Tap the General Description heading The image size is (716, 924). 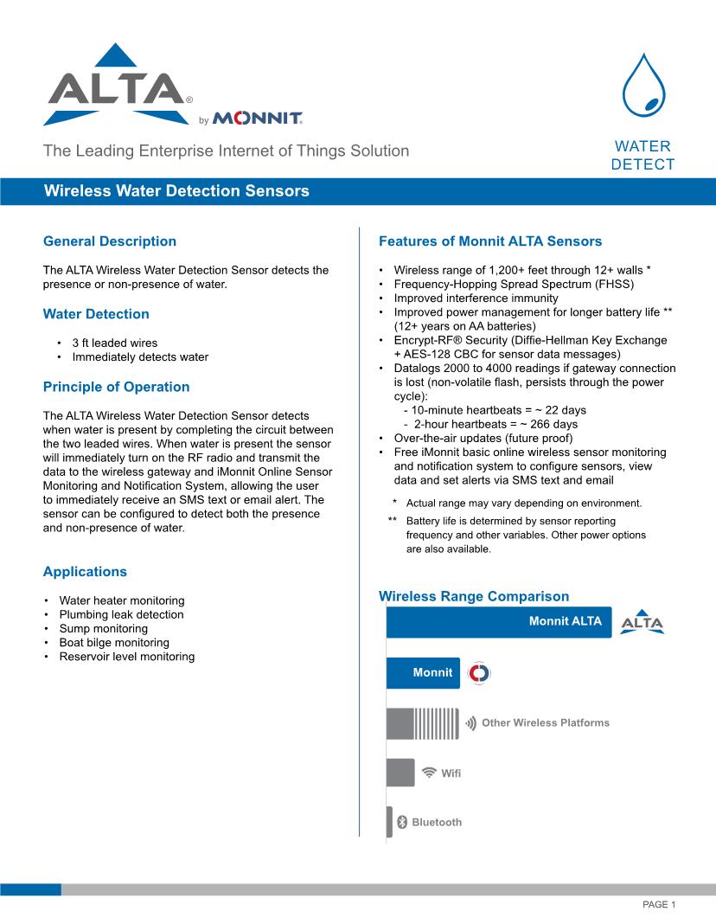click(110, 241)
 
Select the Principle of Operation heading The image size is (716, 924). click(116, 387)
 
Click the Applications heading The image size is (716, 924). click(85, 572)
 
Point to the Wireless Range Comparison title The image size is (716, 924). click(474, 596)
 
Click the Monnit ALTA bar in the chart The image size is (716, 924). click(498, 621)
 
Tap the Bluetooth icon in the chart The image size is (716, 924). click(401, 822)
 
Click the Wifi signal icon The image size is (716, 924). click(429, 773)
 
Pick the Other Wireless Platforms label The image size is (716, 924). click(545, 722)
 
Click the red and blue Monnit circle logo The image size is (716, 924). click(478, 673)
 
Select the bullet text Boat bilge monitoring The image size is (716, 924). click(114, 643)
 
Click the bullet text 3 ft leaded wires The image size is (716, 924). click(114, 343)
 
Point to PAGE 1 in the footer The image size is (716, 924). click(658, 904)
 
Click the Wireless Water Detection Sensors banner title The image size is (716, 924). click(176, 191)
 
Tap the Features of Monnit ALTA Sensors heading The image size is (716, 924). click(490, 241)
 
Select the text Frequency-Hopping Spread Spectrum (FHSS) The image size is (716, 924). click(514, 284)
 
